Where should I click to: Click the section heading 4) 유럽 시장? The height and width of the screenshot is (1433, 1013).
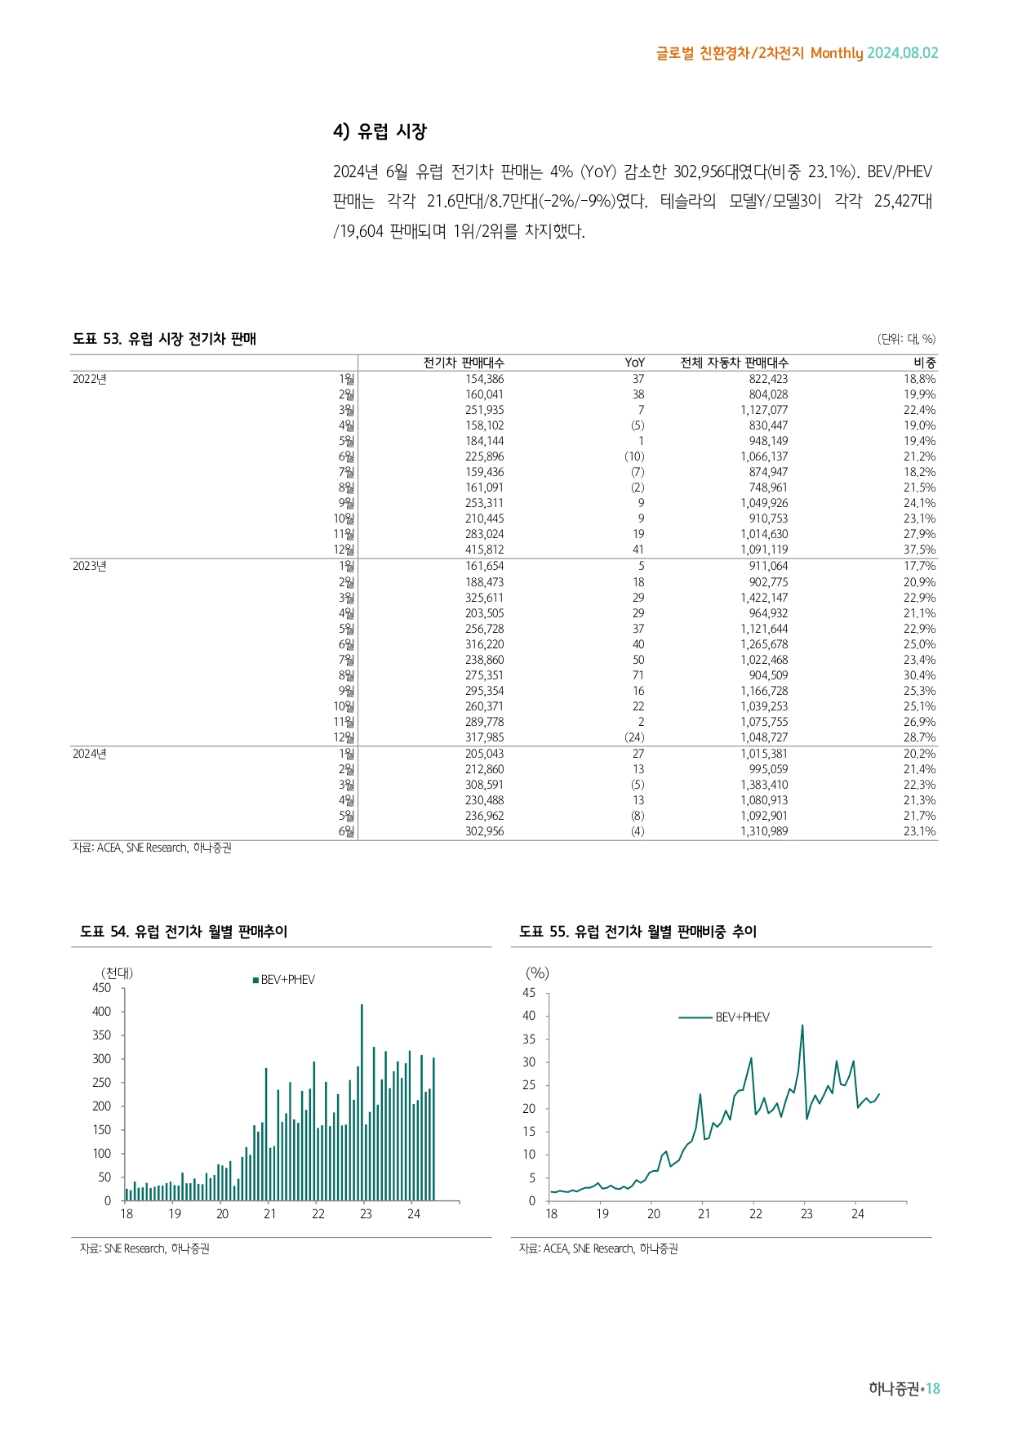[x=380, y=131]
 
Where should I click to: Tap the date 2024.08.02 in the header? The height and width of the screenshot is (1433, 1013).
[x=902, y=53]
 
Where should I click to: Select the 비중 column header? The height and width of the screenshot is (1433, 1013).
[x=924, y=363]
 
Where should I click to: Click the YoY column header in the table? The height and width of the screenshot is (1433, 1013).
[x=634, y=363]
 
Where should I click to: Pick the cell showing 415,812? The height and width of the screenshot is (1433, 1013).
[x=484, y=550]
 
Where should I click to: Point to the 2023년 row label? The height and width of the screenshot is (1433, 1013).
[x=90, y=566]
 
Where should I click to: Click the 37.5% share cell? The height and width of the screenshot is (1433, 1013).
[x=919, y=550]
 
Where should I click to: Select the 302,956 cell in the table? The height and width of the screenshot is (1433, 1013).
[x=484, y=831]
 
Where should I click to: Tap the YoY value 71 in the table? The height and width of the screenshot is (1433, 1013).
[x=638, y=675]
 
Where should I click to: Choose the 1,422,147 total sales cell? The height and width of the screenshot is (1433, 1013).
[x=764, y=598]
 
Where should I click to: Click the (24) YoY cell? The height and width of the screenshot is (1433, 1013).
[x=634, y=737]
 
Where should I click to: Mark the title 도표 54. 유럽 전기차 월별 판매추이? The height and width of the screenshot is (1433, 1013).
[x=184, y=932]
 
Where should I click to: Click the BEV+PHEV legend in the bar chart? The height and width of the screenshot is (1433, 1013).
[x=284, y=980]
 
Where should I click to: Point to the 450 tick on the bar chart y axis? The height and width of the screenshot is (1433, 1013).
[x=102, y=988]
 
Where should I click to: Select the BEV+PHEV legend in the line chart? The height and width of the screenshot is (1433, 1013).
[x=725, y=1017]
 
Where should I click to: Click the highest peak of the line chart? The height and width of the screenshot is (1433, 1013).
[x=802, y=1026]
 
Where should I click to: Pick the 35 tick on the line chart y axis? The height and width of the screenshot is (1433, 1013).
[x=529, y=1039]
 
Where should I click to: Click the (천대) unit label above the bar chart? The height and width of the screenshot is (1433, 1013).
[x=117, y=972]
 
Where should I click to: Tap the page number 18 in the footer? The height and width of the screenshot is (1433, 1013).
[x=932, y=1389]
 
